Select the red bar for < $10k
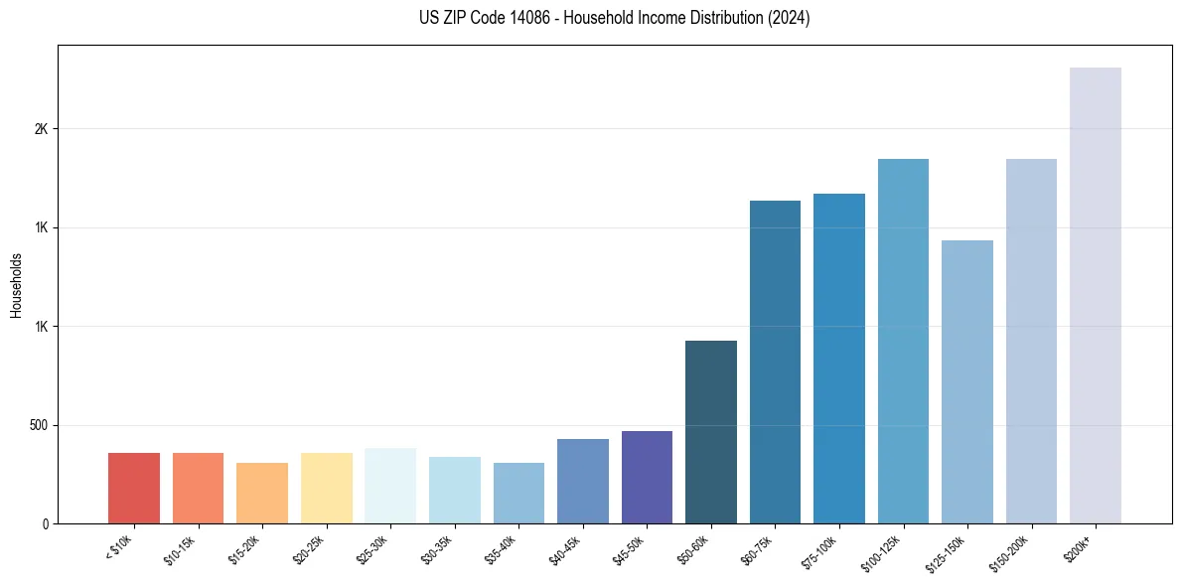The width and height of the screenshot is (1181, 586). click(134, 488)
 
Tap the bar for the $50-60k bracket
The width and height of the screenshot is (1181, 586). click(711, 432)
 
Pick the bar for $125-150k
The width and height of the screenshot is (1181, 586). click(966, 381)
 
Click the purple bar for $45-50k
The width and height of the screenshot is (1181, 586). click(647, 477)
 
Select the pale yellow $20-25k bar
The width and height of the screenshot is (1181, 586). click(327, 488)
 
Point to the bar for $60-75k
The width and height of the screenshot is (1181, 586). click(775, 362)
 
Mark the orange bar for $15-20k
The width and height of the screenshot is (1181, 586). click(262, 493)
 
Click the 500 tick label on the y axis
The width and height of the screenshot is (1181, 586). click(41, 425)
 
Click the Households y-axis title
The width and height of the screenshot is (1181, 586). click(16, 285)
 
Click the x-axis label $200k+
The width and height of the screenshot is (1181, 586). click(1080, 548)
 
